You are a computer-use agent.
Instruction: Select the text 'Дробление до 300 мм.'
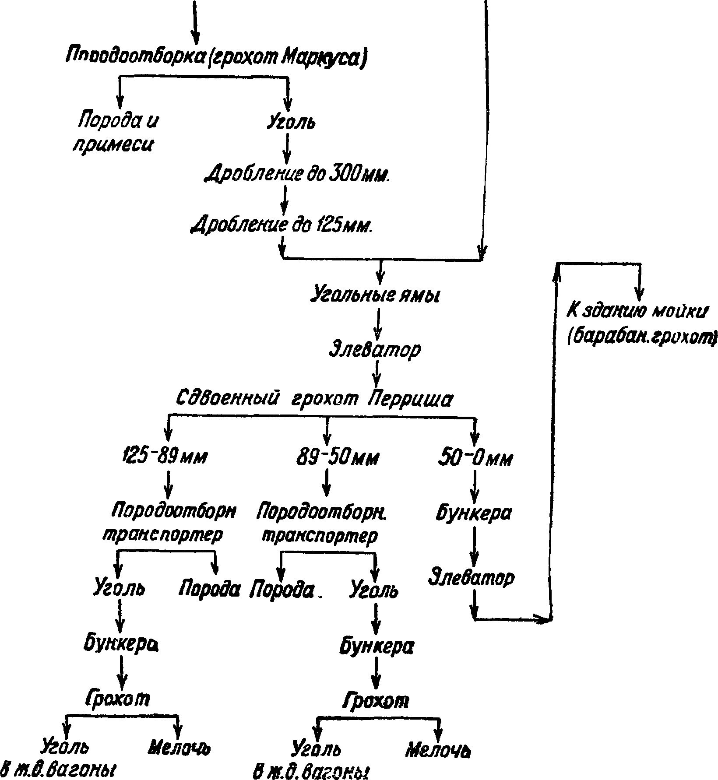[298, 174]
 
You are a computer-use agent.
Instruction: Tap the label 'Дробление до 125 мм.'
[283, 225]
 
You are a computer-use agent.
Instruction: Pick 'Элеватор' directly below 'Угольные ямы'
[375, 349]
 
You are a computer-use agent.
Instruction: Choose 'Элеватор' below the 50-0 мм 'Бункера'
[471, 578]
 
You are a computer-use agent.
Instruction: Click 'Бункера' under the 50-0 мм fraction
[474, 513]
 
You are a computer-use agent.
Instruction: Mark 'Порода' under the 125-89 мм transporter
[209, 589]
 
